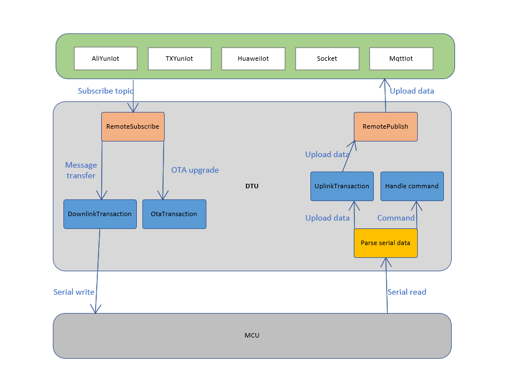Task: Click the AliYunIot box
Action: [x=106, y=58]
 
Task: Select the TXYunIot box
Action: [x=180, y=58]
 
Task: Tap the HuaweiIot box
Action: [x=253, y=58]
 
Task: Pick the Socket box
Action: [x=327, y=58]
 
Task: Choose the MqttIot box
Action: [x=401, y=58]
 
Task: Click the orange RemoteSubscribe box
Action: [x=133, y=126]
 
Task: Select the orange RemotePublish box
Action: [x=385, y=126]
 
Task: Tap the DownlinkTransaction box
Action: [x=100, y=214]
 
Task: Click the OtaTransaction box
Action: [x=174, y=214]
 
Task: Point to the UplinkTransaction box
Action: [x=342, y=186]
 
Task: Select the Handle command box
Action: [x=412, y=186]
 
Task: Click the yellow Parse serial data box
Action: [x=385, y=243]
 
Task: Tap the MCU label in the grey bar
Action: [x=252, y=335]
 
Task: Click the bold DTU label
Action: [x=252, y=186]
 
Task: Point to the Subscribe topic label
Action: [x=106, y=91]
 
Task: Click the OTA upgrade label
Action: [x=195, y=170]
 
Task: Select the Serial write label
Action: [x=74, y=292]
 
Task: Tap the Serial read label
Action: [x=407, y=292]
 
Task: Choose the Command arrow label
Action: [x=396, y=218]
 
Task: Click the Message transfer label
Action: [x=81, y=170]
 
